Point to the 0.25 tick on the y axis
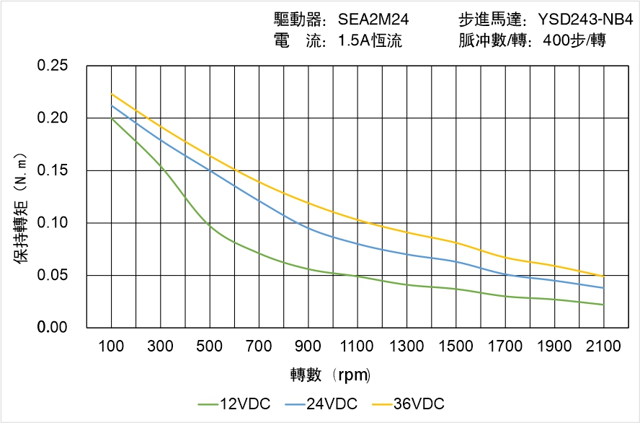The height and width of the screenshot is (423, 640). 53,66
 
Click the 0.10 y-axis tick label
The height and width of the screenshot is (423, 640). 53,223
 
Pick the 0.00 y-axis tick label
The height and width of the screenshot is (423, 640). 53,328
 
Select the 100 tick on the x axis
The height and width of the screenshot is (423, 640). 111,346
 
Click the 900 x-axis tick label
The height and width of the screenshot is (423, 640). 308,346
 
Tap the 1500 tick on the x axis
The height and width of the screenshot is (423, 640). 455,346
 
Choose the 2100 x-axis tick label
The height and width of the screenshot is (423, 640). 603,346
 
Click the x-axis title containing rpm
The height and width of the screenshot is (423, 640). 330,375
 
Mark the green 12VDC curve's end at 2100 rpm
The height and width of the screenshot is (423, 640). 603,305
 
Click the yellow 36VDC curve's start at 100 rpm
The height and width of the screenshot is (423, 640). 112,95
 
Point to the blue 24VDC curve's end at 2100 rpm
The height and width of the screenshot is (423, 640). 603,288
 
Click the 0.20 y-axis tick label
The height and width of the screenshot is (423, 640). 53,118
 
